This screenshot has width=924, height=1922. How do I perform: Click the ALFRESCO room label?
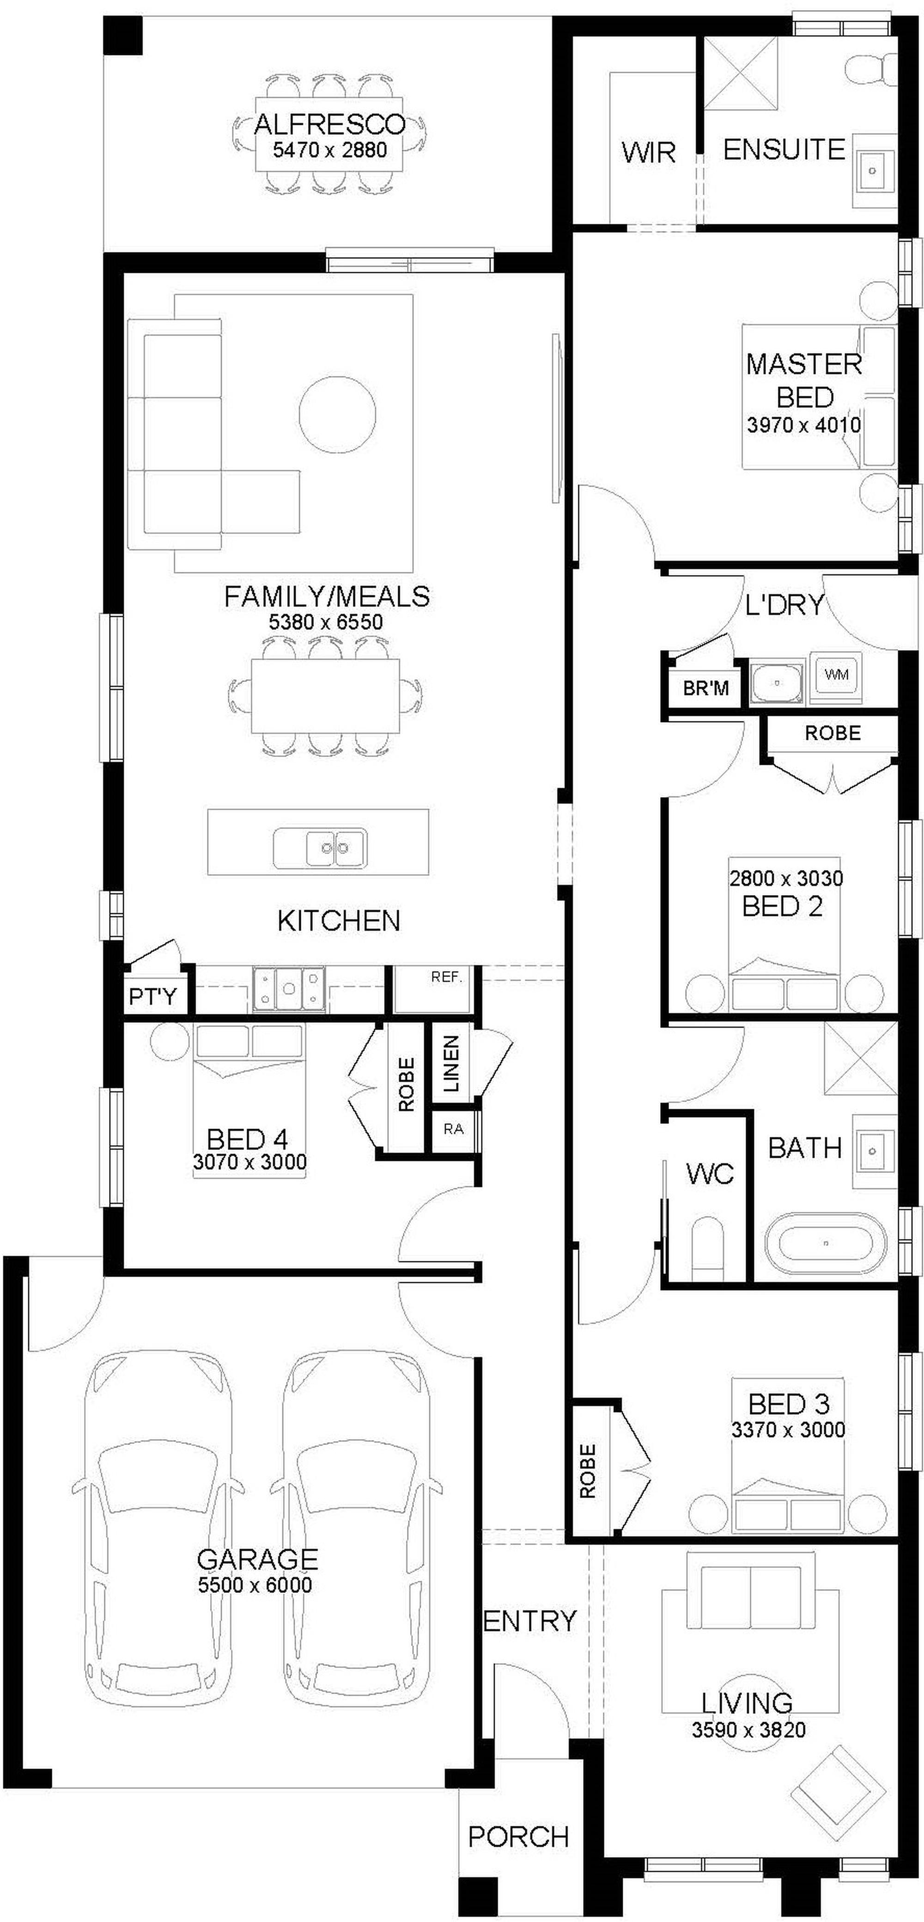click(329, 124)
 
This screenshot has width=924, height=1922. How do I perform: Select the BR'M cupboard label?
click(705, 687)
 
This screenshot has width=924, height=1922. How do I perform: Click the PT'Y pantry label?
click(153, 996)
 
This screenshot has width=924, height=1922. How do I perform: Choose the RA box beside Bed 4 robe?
click(453, 1129)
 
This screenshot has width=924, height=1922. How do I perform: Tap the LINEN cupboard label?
click(451, 1064)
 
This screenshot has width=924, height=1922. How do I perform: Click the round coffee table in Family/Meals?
click(337, 413)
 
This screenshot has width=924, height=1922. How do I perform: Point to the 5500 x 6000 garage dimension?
click(255, 1584)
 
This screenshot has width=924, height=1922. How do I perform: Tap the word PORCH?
click(518, 1836)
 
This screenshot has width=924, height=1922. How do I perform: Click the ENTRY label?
click(530, 1620)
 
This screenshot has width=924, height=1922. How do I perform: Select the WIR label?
click(648, 153)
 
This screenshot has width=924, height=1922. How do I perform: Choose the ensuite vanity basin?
click(873, 170)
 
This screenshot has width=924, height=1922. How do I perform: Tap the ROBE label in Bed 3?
click(588, 1471)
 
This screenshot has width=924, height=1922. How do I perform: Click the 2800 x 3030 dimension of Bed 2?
click(786, 878)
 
